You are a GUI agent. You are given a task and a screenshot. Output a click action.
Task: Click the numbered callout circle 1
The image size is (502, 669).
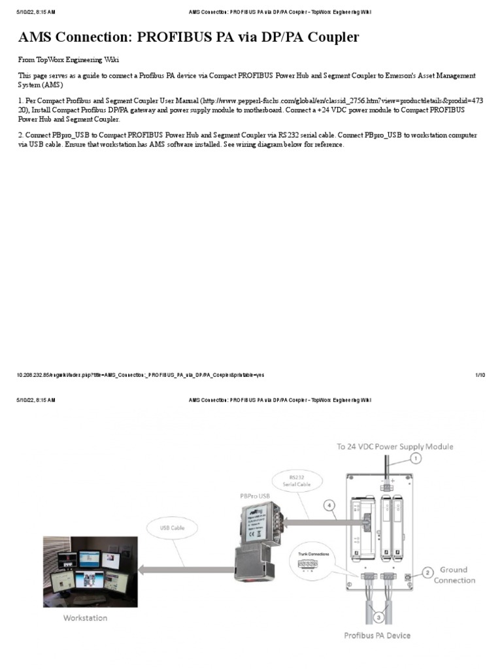[x=416, y=459]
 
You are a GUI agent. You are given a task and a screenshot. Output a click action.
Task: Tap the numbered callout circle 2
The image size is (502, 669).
[x=427, y=573]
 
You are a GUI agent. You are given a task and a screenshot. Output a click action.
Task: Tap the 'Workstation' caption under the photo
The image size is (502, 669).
[x=86, y=617]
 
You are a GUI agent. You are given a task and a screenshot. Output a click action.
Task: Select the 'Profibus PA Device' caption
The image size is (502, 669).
[x=378, y=634]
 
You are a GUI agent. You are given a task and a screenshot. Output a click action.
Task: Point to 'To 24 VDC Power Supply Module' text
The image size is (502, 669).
[x=395, y=446]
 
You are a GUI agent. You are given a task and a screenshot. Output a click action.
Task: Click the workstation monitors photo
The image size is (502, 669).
[x=90, y=572]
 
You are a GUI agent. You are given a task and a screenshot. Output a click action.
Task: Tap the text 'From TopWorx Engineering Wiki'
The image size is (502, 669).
[x=69, y=59]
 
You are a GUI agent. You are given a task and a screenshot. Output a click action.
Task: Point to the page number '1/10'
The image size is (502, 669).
[x=480, y=375]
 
